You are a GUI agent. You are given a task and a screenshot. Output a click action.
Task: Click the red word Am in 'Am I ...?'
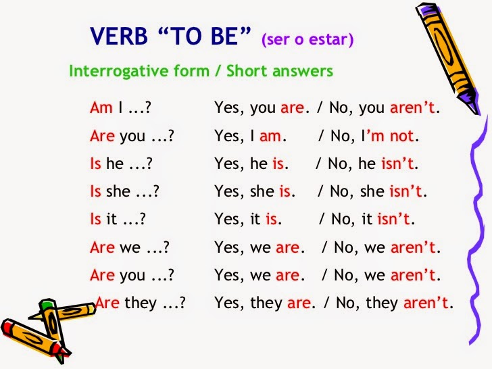99,107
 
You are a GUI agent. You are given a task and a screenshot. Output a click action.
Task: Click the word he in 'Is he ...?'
114,164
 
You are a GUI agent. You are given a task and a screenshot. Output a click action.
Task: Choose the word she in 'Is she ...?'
118,192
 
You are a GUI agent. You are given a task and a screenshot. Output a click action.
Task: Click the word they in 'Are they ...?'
141,303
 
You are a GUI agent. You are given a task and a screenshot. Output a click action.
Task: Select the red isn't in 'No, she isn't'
406,192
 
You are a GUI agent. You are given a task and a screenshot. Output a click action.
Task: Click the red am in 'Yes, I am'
270,136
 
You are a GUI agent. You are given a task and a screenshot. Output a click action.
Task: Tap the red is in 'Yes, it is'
272,220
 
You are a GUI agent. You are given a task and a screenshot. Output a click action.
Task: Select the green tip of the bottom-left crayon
47,306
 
